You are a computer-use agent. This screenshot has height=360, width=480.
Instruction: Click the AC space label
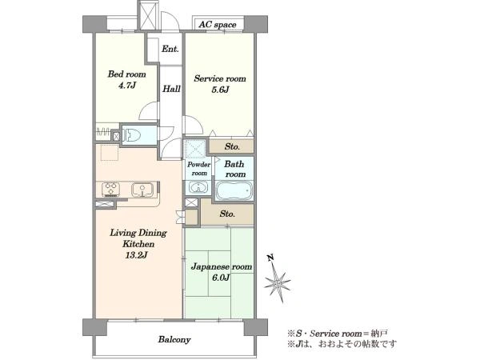218,25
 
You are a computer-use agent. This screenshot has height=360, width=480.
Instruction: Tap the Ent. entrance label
170,49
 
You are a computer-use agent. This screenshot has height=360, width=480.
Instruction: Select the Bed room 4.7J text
126,79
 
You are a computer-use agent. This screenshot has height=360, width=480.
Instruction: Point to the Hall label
171,89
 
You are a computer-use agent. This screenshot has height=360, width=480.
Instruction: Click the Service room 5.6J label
220,84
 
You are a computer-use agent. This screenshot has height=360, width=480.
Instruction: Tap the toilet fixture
132,135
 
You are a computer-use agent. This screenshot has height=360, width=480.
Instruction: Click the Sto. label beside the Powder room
232,146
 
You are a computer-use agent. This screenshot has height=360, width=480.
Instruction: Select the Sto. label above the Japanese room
227,214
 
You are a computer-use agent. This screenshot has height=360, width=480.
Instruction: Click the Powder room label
199,169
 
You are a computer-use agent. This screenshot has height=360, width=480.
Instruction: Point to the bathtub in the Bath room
234,190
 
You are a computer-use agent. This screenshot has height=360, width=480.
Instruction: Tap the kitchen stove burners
110,189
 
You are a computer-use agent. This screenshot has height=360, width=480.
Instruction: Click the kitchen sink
142,190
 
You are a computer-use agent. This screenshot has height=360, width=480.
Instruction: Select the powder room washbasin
198,187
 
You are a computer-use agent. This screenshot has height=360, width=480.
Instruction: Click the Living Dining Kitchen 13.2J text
138,244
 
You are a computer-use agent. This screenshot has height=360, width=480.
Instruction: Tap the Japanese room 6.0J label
222,272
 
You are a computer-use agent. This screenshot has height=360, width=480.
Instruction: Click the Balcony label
174,339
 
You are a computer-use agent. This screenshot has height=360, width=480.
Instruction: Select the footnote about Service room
338,334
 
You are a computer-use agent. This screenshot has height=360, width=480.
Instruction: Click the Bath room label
234,169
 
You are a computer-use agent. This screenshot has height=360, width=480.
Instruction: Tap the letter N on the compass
270,258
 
